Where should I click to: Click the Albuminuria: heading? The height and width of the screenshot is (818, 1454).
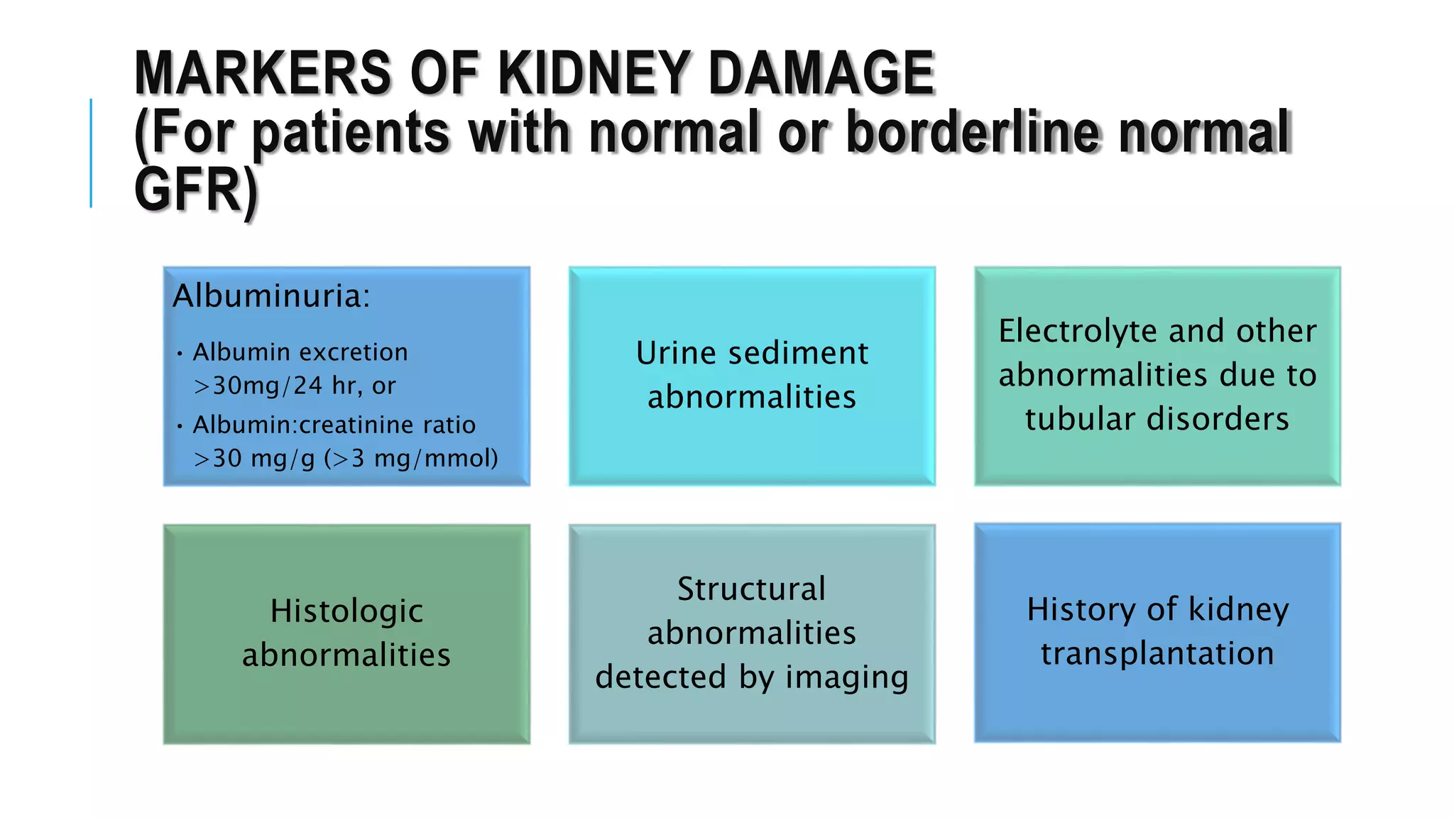[271, 295]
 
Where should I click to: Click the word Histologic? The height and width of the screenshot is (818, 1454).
[346, 611]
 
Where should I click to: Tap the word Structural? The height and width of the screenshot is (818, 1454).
[751, 589]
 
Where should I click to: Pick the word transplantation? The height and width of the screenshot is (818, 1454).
[1157, 653]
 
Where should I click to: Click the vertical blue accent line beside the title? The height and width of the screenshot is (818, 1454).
[91, 153]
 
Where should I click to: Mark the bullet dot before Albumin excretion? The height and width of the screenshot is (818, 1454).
[180, 353]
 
